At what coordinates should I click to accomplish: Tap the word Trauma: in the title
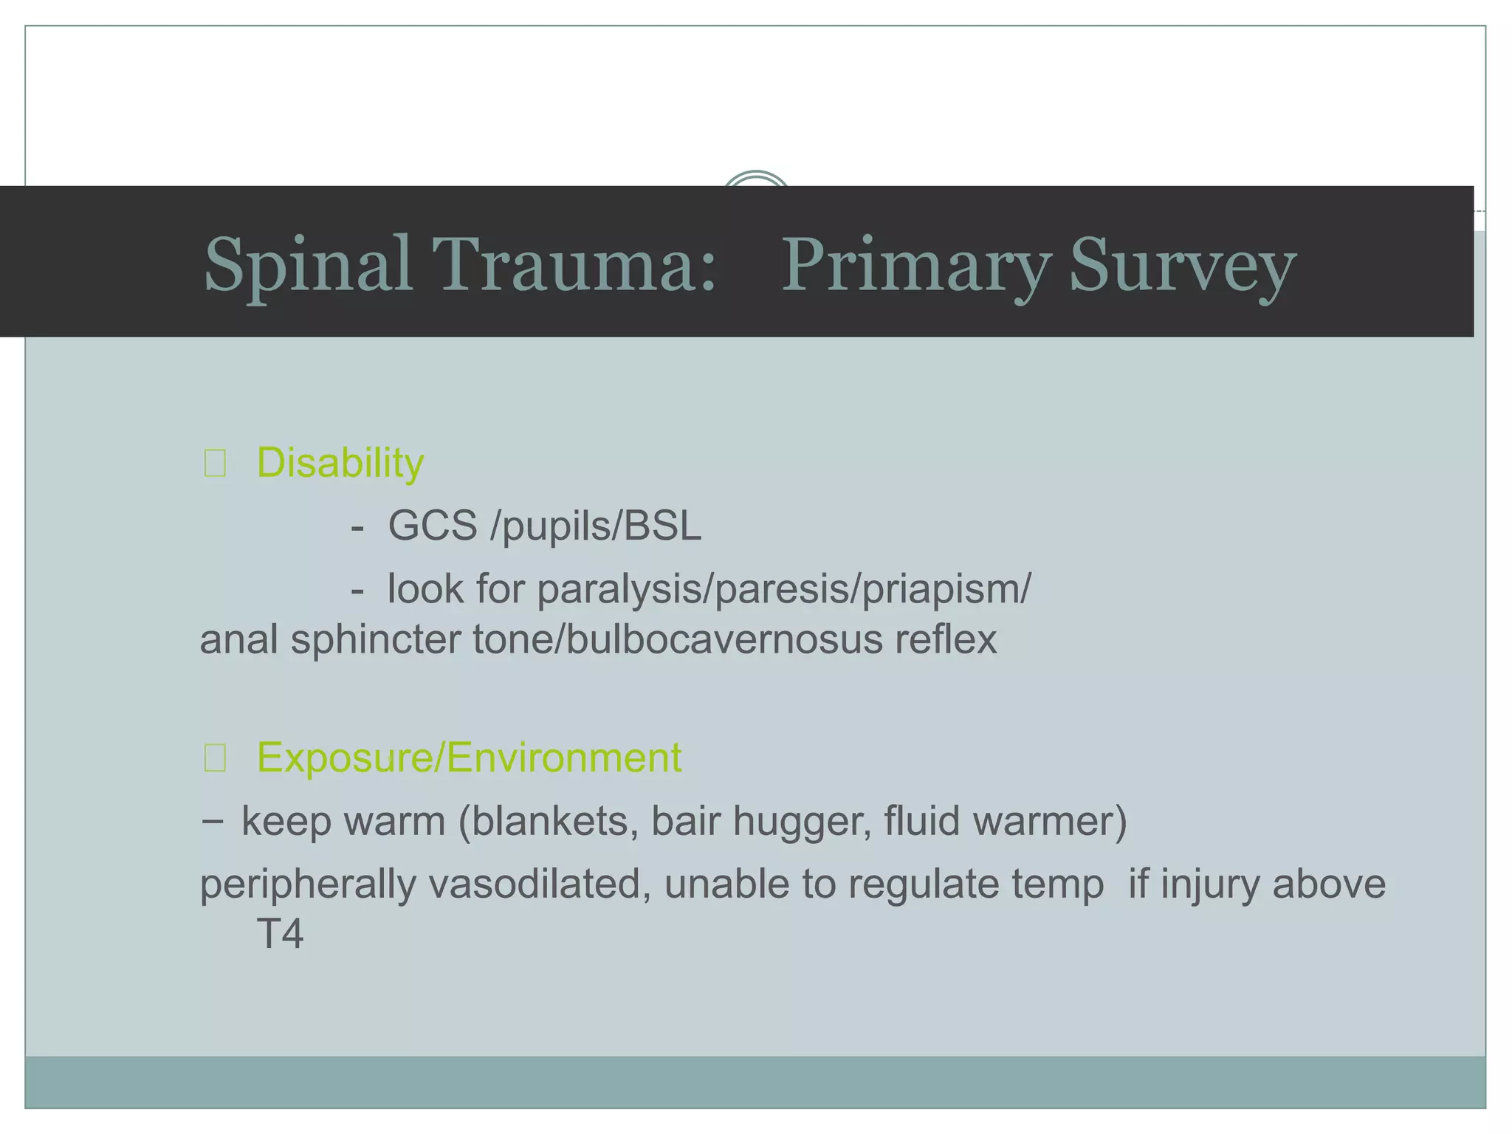pyautogui.click(x=574, y=264)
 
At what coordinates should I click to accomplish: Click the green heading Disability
pyautogui.click(x=340, y=463)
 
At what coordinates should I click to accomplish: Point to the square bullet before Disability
pyautogui.click(x=215, y=464)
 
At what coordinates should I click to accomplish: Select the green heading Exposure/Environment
pyautogui.click(x=469, y=757)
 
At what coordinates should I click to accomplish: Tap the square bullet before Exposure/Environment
pyautogui.click(x=215, y=758)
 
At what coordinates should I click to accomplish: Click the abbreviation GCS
pyautogui.click(x=433, y=526)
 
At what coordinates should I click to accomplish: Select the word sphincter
pyautogui.click(x=375, y=639)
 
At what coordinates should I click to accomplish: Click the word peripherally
pyautogui.click(x=308, y=884)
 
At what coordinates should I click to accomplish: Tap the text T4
pyautogui.click(x=280, y=934)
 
